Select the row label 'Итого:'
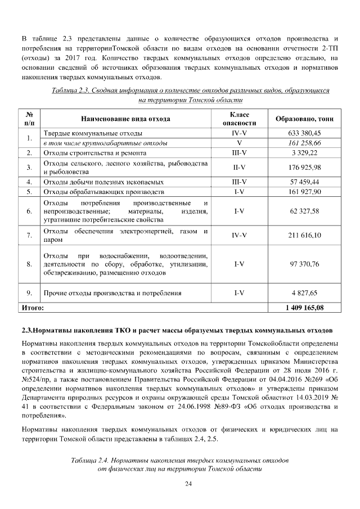click(32, 308)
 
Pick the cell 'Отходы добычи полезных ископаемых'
click(103, 182)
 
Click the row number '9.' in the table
click(29, 293)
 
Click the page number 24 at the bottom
click(181, 484)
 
